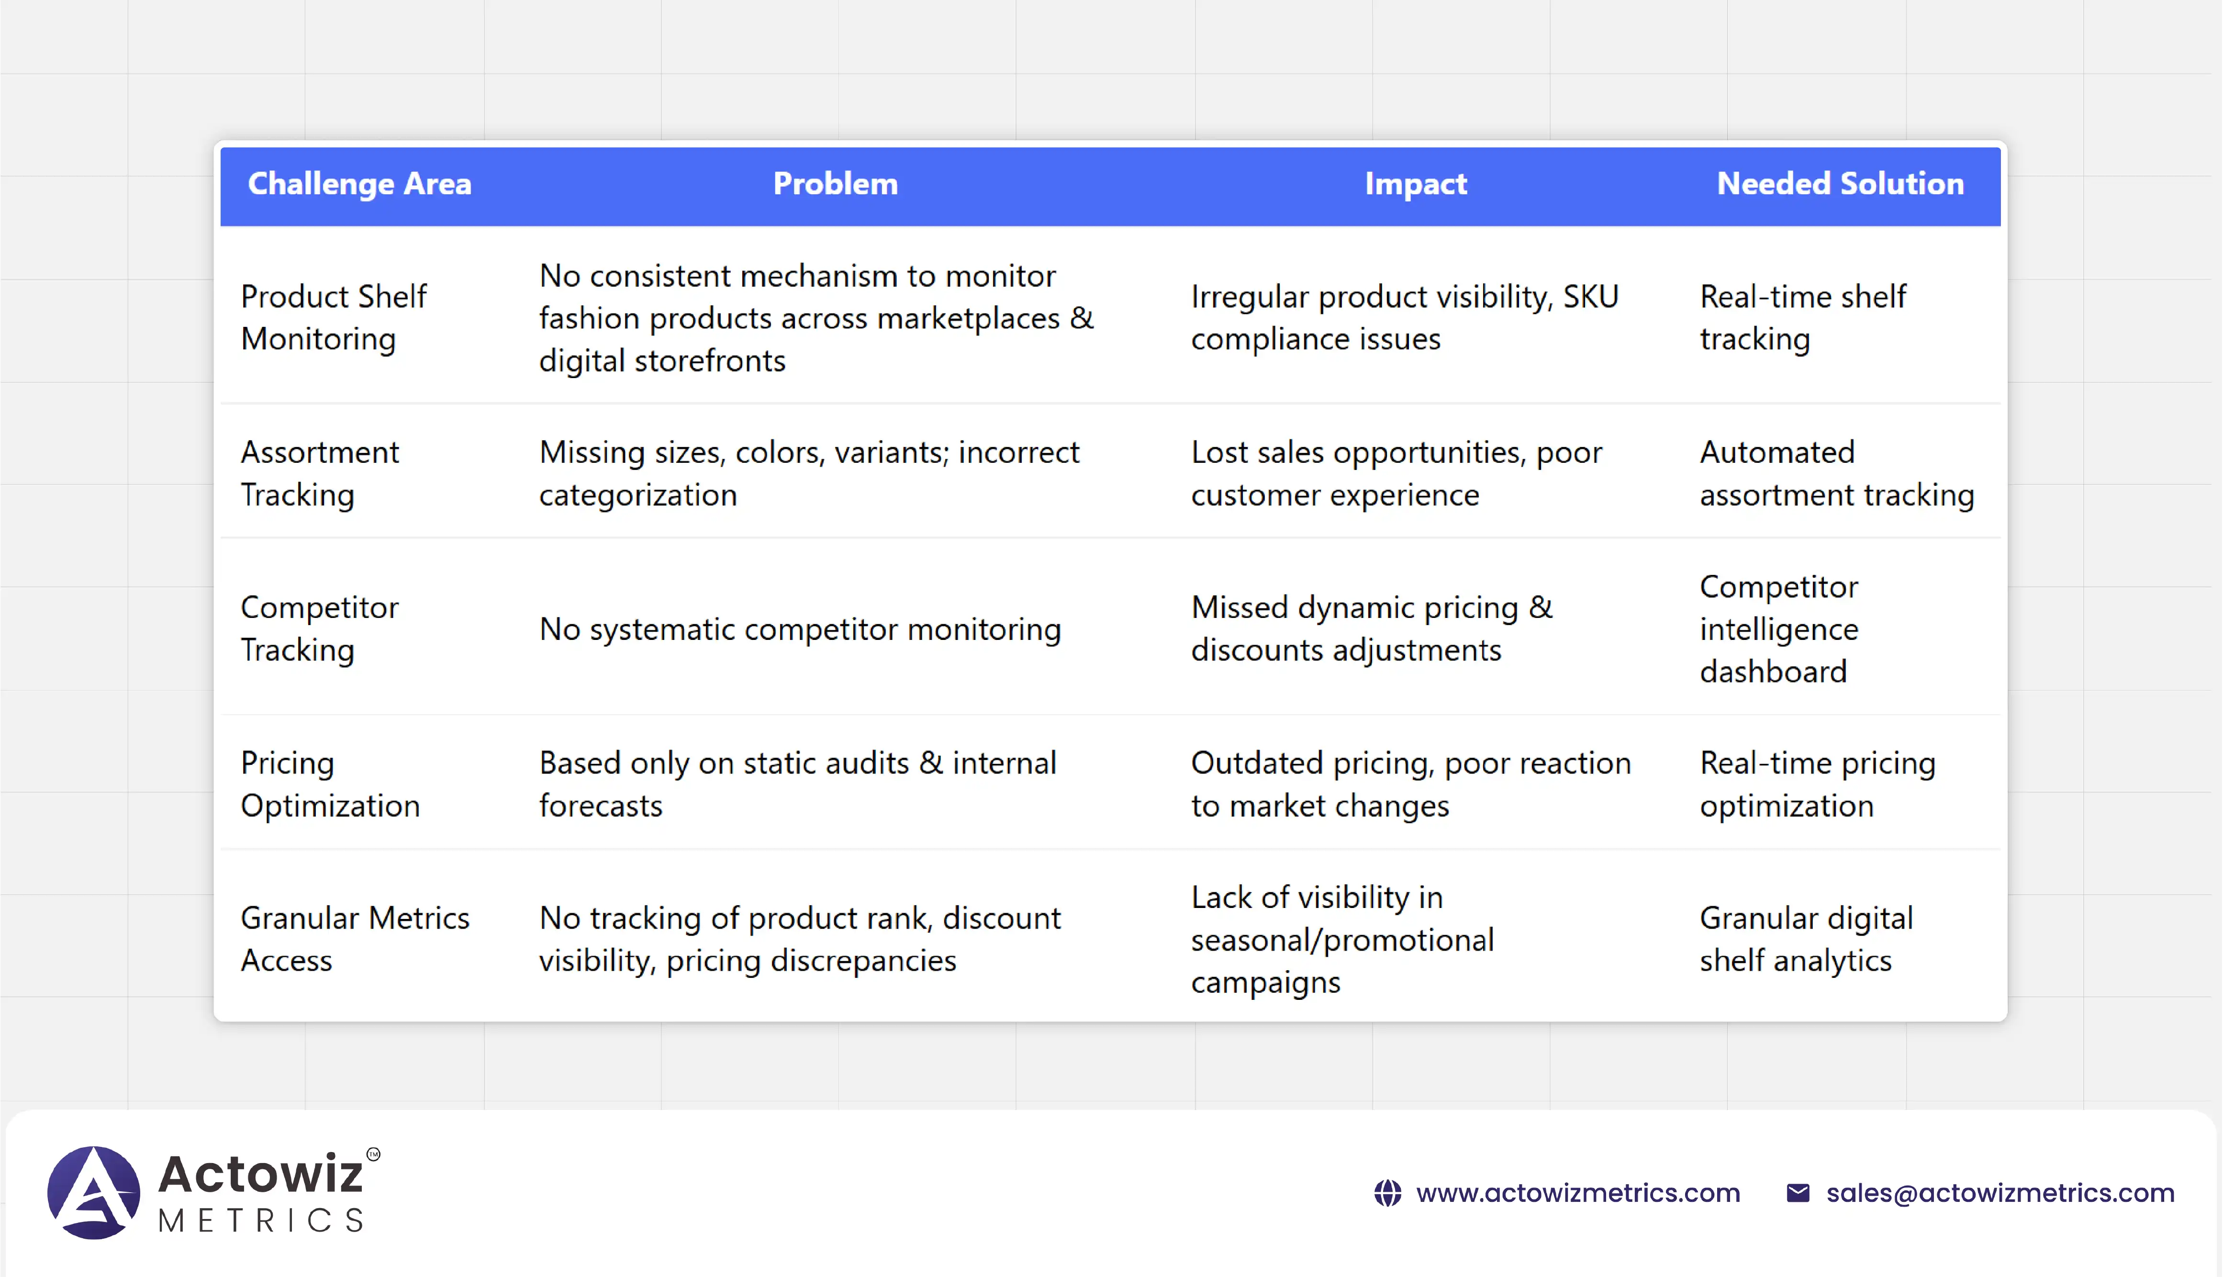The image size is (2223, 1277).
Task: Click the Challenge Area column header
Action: [x=359, y=184]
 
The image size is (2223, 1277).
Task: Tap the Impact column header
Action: [x=1415, y=184]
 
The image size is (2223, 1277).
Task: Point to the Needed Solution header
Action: [x=1840, y=184]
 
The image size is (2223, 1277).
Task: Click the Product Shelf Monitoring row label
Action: [x=333, y=317]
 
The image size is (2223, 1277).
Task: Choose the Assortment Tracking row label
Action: [x=320, y=474]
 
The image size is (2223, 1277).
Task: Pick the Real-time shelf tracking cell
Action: [x=1803, y=317]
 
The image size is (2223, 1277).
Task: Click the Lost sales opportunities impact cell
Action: [x=1396, y=474]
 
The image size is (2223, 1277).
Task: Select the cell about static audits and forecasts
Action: [x=798, y=784]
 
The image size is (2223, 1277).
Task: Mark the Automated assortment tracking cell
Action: [x=1837, y=474]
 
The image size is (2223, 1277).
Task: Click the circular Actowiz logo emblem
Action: [x=94, y=1193]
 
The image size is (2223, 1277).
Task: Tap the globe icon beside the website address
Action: [x=1387, y=1193]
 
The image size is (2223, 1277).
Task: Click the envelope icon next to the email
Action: [x=1798, y=1193]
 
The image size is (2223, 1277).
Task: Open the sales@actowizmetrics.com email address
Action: [x=2000, y=1193]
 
